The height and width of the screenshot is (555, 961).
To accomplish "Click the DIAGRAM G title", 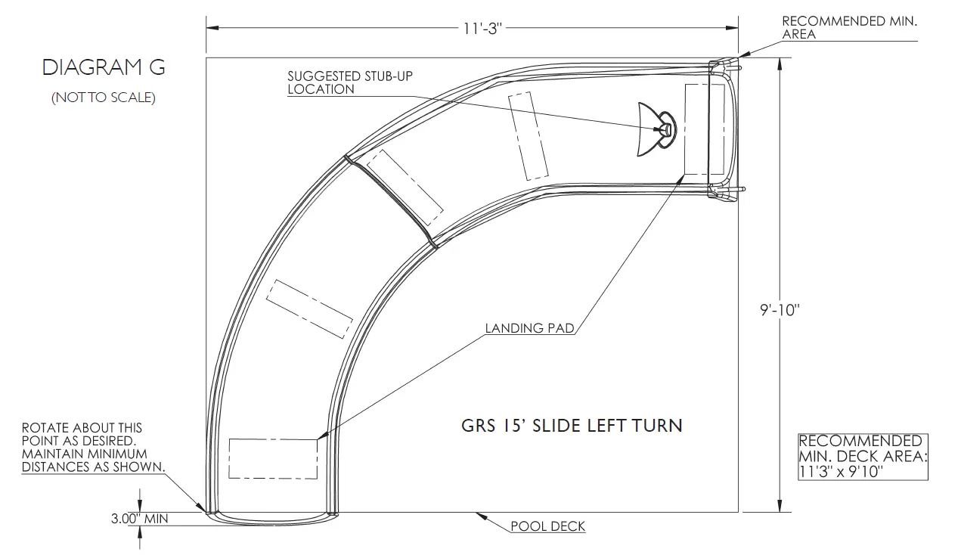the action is (x=104, y=67).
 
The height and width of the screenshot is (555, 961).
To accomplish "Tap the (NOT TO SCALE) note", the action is (x=104, y=98).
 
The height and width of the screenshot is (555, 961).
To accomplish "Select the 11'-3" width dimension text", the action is (x=482, y=29).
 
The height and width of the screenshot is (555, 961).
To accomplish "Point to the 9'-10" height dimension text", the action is (x=780, y=310).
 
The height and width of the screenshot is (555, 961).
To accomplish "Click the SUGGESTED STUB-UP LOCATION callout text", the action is (x=350, y=82).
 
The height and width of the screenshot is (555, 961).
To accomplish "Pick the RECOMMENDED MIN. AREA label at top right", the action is (x=849, y=27).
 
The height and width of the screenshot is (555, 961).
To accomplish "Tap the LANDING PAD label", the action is (x=529, y=328).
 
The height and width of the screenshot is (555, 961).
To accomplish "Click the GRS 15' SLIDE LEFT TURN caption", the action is (x=572, y=426).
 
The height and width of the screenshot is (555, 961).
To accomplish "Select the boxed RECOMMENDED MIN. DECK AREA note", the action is (x=863, y=457).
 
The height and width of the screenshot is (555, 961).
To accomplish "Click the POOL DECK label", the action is (x=548, y=526).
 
